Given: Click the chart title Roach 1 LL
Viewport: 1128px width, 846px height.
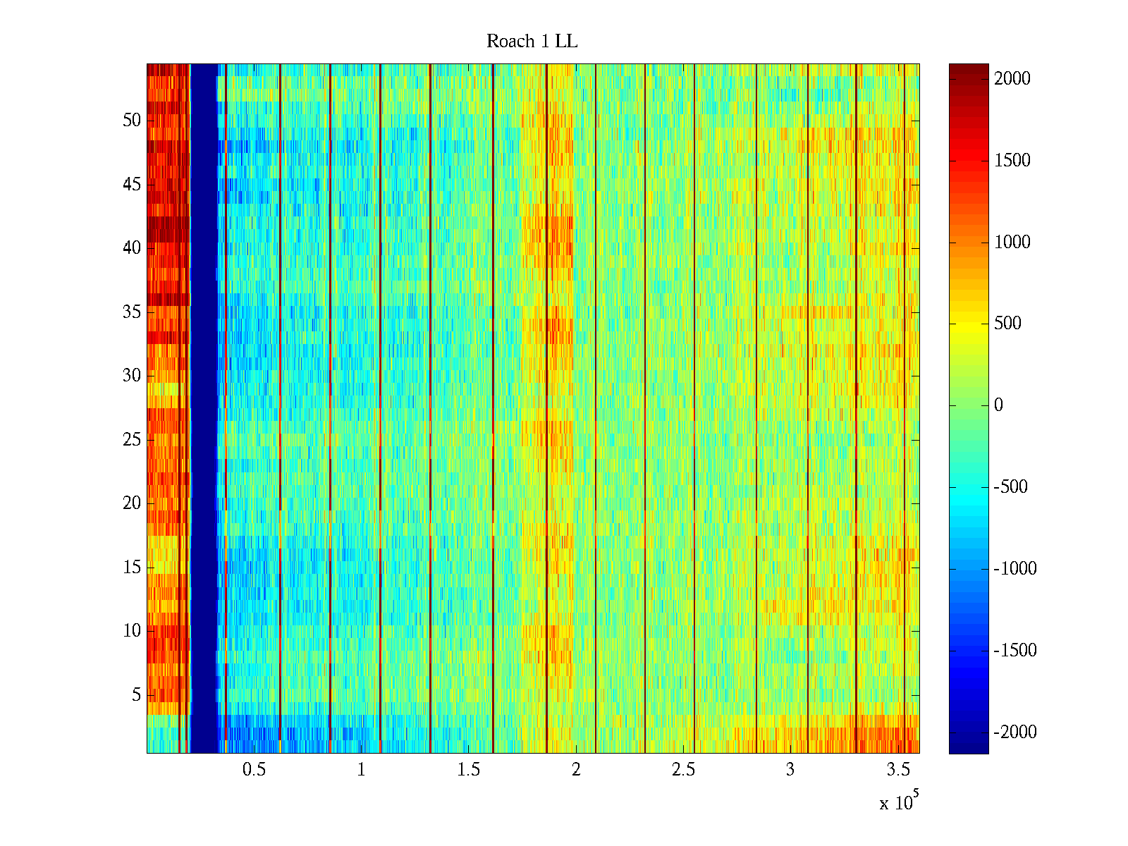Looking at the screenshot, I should tap(532, 42).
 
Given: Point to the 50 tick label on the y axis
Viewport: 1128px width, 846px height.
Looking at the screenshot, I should tap(132, 121).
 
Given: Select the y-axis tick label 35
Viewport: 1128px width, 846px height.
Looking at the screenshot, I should tap(132, 312).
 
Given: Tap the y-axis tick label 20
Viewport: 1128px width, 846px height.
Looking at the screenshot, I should tap(132, 503).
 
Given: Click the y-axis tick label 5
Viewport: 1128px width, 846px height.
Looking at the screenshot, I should tap(136, 695).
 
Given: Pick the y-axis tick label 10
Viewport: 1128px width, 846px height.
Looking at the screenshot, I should tap(132, 631).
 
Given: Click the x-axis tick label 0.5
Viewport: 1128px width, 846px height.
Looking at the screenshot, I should tap(254, 770).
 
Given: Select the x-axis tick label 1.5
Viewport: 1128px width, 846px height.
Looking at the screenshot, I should tap(468, 770).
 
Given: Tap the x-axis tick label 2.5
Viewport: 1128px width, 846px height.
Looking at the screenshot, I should tap(683, 770).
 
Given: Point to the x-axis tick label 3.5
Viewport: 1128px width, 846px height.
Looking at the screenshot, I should tap(897, 770).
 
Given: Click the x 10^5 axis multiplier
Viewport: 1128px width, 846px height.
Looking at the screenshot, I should tap(898, 802).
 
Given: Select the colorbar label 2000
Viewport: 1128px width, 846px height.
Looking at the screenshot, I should tap(1012, 79).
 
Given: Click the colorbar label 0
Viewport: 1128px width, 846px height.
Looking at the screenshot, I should tap(998, 405).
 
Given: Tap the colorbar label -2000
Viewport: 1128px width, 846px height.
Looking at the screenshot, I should tap(1015, 732).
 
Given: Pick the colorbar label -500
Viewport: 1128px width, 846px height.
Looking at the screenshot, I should tap(1015, 487).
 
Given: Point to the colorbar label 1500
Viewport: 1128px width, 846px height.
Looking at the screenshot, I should tap(1012, 161).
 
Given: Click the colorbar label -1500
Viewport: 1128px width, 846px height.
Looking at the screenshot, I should tap(1015, 651).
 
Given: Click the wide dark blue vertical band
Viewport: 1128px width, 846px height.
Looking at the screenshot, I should tap(204, 409).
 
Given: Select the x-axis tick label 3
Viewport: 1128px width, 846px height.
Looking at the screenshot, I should tap(790, 770).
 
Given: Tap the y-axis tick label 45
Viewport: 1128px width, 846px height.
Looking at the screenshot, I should tap(132, 185).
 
